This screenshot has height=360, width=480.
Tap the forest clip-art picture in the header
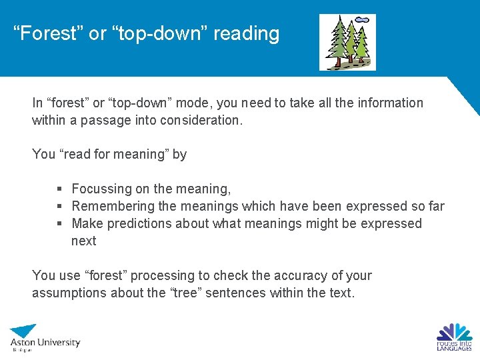point(347,42)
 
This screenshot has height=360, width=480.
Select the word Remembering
point(112,206)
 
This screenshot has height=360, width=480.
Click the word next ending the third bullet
point(84,241)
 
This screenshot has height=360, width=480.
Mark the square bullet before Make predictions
point(61,224)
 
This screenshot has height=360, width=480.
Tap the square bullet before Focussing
point(61,189)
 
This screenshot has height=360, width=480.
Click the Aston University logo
point(44,339)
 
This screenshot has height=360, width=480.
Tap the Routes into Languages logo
point(454,337)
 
